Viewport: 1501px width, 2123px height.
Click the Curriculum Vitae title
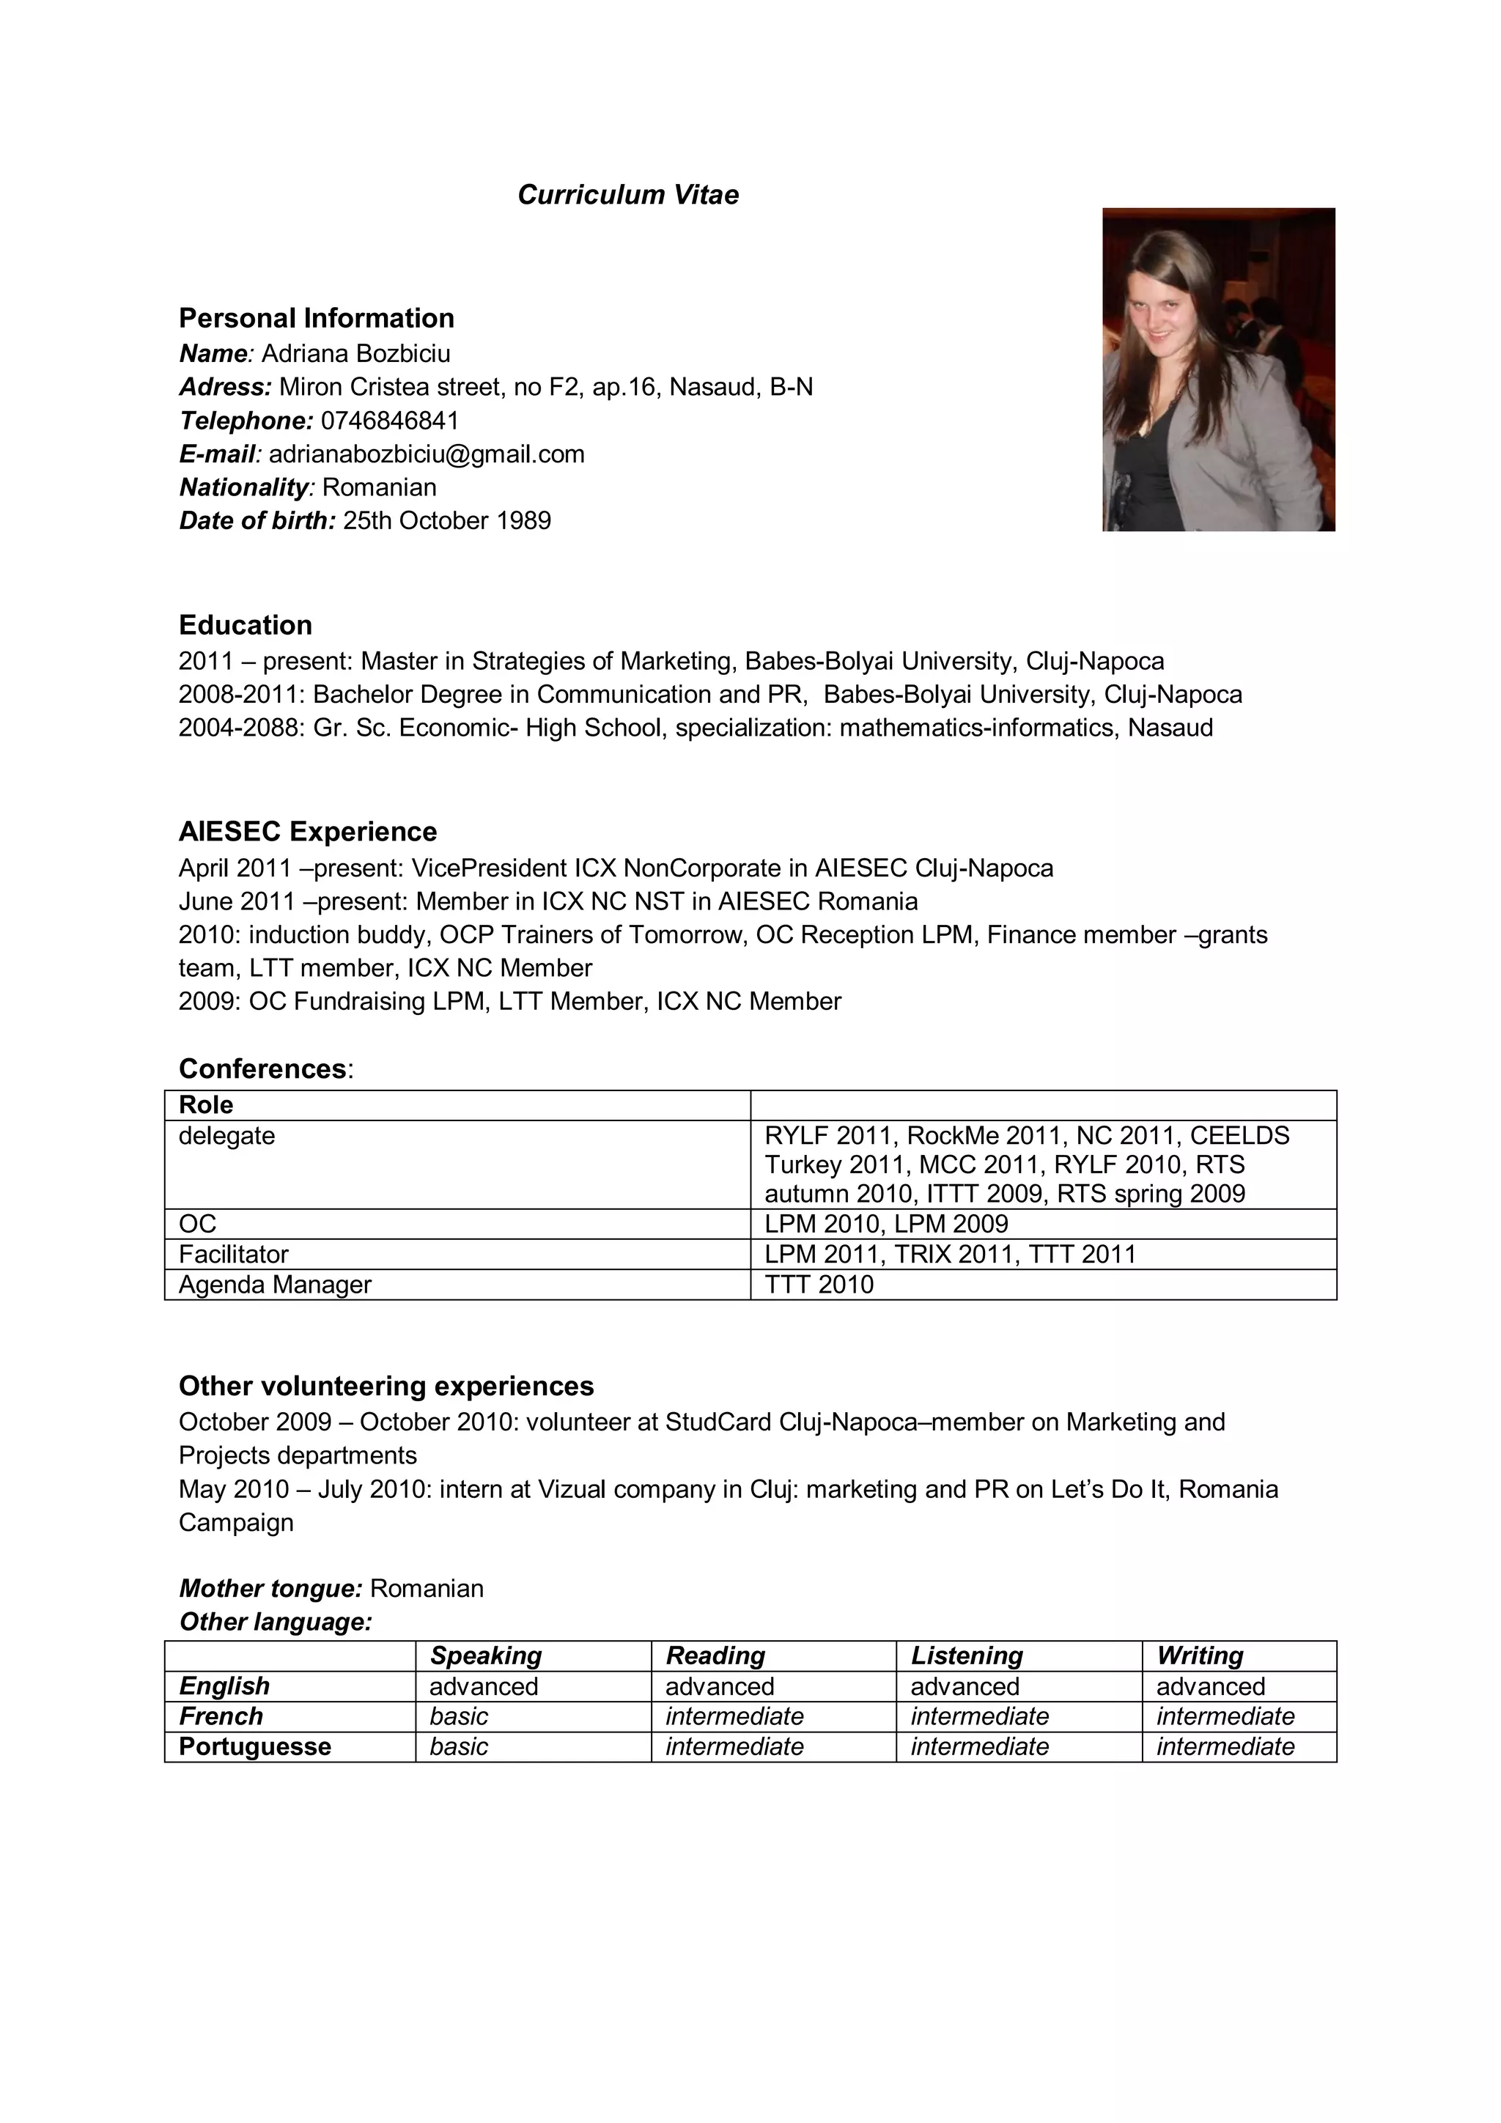click(x=628, y=195)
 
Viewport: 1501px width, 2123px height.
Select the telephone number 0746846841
click(x=389, y=421)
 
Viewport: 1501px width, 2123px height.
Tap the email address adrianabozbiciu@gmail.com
click(x=427, y=454)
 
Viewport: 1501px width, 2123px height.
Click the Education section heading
click(x=245, y=625)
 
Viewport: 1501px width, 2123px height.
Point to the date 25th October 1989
click(x=446, y=520)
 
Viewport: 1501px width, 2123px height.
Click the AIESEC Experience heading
click(x=307, y=831)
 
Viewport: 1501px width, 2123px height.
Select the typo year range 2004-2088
click(x=240, y=728)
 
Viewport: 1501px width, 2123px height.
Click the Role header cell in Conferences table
click(x=206, y=1105)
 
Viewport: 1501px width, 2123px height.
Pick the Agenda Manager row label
click(x=275, y=1285)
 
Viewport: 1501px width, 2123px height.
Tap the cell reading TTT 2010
click(x=819, y=1285)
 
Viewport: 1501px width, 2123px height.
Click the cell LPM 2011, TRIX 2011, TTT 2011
click(x=950, y=1254)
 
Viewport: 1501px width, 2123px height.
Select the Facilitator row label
click(x=233, y=1254)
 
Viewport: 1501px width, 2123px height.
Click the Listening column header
click(x=967, y=1655)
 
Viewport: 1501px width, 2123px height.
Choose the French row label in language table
click(x=221, y=1716)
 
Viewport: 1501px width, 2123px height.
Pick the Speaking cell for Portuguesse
click(x=459, y=1746)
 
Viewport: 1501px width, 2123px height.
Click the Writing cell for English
click(x=1210, y=1686)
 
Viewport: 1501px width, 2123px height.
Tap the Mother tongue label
click(x=270, y=1589)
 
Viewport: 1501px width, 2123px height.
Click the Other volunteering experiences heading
click(x=386, y=1386)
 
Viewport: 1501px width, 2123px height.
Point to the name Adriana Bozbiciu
click(x=356, y=353)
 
